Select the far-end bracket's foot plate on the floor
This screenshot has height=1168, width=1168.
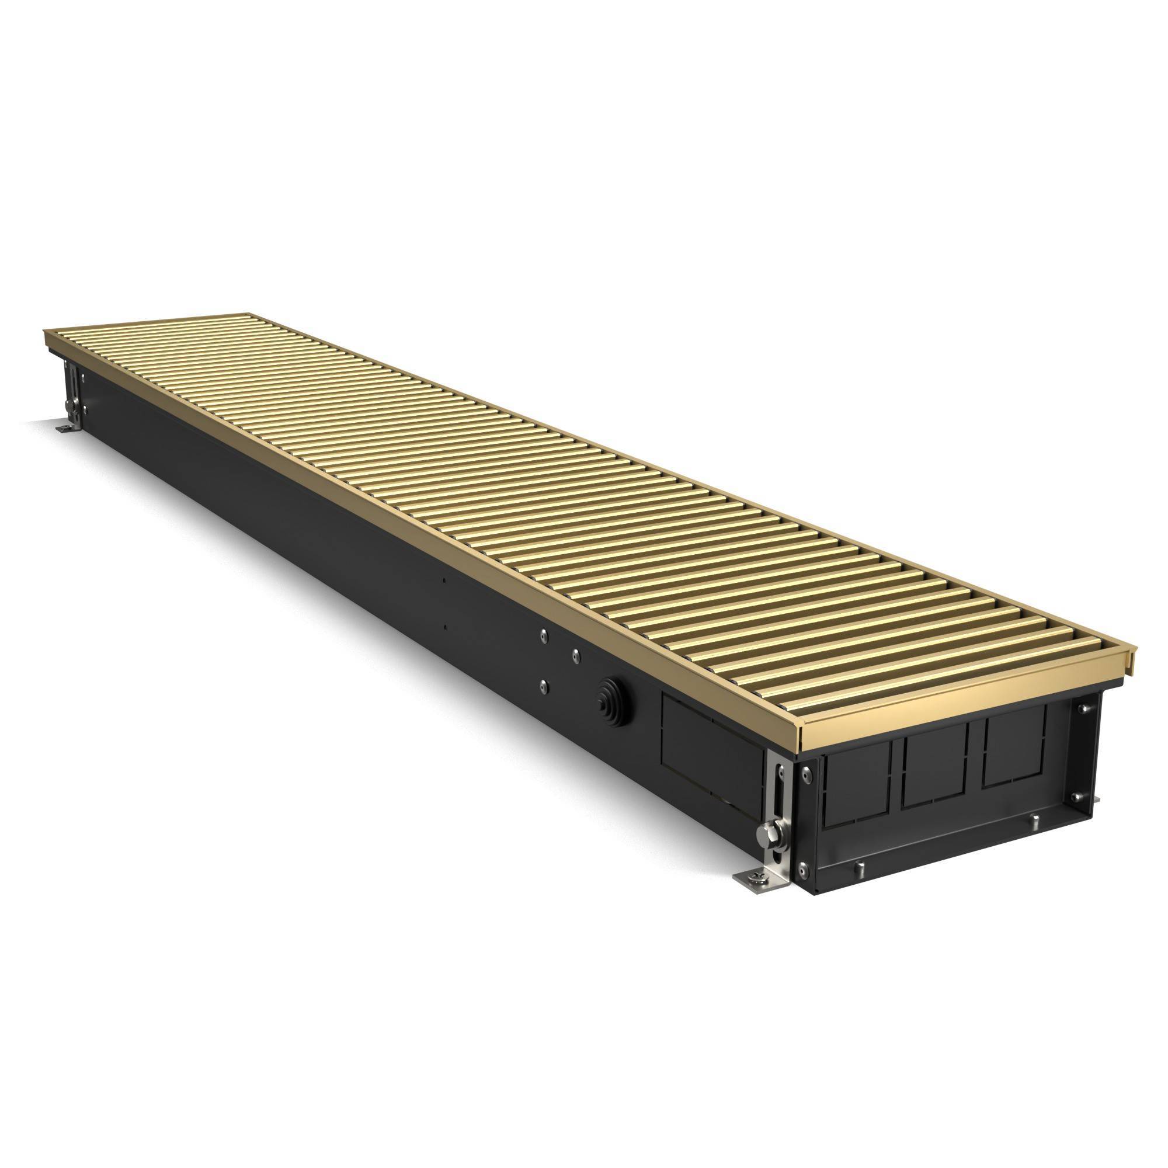pyautogui.click(x=65, y=428)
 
